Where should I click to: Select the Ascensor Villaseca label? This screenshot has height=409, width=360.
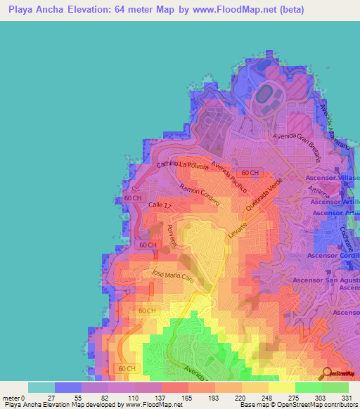(x=333, y=178)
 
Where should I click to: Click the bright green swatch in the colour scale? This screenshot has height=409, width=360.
(x=308, y=387)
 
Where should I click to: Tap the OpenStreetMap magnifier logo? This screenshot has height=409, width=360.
(x=327, y=372)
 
